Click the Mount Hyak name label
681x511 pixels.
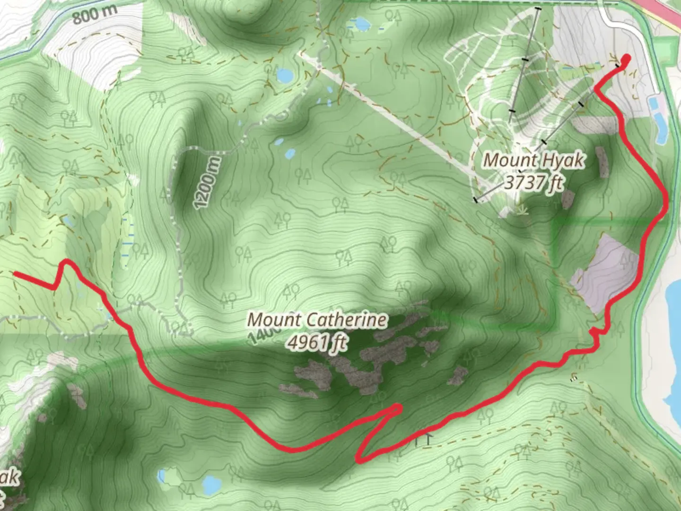point(533,160)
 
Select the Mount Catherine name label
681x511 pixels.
point(317,320)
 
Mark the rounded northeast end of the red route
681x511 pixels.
point(626,59)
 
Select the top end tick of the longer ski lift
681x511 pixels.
point(538,8)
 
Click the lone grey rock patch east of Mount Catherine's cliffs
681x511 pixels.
point(458,375)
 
